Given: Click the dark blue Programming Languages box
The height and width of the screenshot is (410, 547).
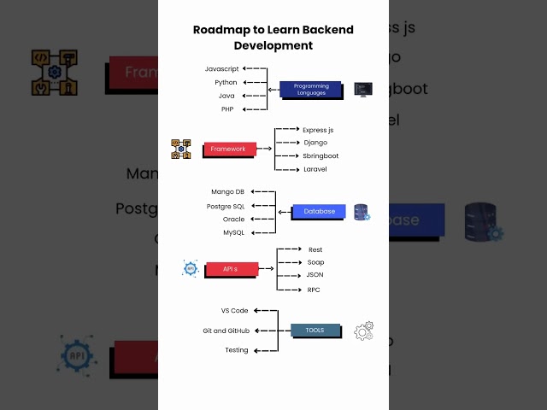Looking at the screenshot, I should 311,89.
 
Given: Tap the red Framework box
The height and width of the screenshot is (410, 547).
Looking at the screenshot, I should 228,149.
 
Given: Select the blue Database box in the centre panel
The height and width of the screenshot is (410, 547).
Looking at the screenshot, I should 319,211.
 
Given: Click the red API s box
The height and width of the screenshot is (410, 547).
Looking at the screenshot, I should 229,269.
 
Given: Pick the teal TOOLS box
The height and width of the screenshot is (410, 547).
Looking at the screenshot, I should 315,330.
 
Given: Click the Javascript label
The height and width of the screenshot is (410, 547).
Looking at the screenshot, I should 222,68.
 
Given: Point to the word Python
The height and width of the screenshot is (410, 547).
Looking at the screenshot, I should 226,82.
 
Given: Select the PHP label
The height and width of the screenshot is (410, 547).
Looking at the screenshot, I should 228,109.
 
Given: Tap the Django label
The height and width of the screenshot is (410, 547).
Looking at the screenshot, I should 315,143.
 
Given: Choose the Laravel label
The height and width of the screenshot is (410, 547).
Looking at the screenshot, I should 315,169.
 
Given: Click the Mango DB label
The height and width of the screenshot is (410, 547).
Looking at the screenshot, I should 227,192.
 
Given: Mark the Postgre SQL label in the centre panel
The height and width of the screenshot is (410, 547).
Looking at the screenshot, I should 226,206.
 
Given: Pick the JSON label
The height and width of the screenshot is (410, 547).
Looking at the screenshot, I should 315,275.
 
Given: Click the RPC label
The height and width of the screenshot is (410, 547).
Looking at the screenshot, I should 314,290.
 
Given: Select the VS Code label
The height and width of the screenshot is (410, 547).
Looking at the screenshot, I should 234,311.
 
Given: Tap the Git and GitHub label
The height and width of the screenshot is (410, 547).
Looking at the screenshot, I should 225,331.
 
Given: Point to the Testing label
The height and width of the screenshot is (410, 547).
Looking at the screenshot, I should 237,350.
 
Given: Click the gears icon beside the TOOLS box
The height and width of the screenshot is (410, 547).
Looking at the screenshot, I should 363,331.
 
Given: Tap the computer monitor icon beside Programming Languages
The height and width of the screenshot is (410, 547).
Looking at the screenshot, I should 363,89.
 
